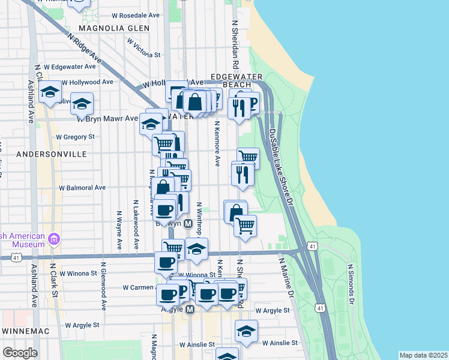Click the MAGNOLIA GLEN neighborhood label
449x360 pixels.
(113, 28)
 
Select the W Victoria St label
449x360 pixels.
(143, 49)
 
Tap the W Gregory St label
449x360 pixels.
(75, 137)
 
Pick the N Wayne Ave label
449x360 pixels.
(120, 229)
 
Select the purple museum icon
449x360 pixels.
(55, 239)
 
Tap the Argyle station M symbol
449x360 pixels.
(190, 310)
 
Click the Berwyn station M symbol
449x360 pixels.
(188, 223)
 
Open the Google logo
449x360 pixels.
(20, 353)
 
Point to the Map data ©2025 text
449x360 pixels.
(423, 355)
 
